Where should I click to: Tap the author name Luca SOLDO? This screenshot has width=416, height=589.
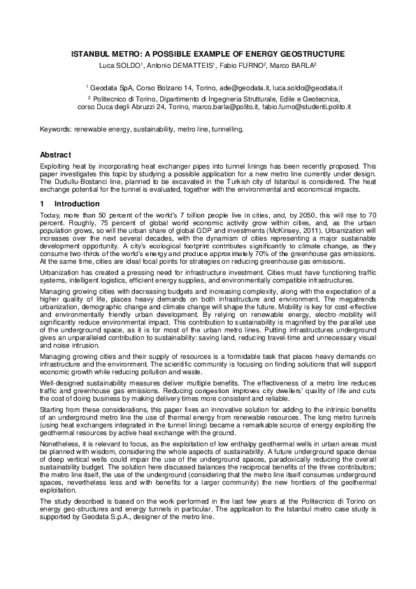(121, 66)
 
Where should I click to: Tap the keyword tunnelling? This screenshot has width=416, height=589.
(224, 129)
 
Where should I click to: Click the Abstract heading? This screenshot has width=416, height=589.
(55, 154)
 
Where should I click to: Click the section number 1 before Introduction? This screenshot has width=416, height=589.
(42, 204)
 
